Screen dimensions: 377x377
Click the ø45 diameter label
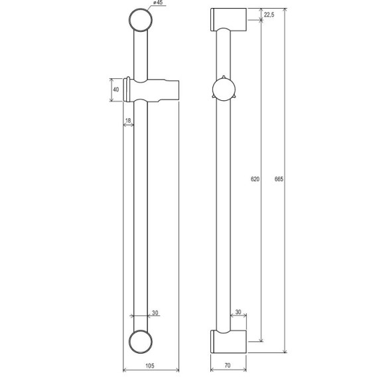(x=158, y=3)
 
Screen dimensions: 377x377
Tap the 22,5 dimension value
(x=269, y=15)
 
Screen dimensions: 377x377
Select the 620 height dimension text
(x=255, y=179)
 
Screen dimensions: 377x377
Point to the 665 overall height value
(x=279, y=179)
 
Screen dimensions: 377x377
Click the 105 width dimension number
(x=150, y=366)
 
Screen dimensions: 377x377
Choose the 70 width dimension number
(x=228, y=366)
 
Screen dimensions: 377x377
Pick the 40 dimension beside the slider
(x=116, y=90)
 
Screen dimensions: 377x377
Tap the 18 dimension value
(x=128, y=120)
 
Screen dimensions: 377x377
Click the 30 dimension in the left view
(x=155, y=313)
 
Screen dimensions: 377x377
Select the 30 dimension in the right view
(x=238, y=312)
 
